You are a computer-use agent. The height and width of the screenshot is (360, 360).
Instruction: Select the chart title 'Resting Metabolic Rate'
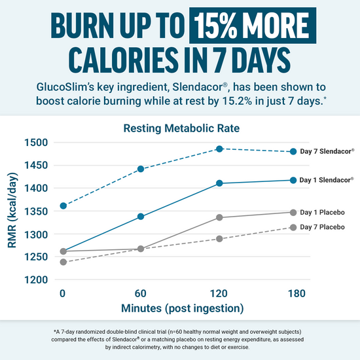click(180, 129)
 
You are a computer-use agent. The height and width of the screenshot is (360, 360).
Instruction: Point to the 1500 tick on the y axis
click(36, 143)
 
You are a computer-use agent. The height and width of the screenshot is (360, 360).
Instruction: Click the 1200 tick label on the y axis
click(36, 280)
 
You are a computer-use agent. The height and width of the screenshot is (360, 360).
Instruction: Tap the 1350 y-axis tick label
click(36, 211)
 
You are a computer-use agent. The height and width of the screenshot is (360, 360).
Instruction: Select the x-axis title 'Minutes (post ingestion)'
click(179, 308)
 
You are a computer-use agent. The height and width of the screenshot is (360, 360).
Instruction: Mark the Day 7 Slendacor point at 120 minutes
click(219, 149)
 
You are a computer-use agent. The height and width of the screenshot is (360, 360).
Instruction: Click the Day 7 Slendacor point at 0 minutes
click(63, 206)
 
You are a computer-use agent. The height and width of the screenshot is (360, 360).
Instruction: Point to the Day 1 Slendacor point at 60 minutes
click(141, 217)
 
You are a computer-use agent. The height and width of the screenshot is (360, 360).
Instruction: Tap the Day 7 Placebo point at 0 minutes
click(63, 262)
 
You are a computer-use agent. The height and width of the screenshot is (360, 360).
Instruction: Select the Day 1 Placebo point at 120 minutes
click(219, 217)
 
